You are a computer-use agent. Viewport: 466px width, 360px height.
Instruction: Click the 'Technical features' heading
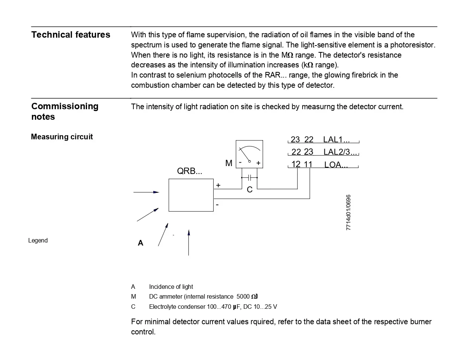point(70,35)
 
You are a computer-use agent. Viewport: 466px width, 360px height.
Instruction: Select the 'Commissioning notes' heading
point(64,111)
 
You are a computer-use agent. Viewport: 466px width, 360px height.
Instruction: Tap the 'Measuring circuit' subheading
point(62,137)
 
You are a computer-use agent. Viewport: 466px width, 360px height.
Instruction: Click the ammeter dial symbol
point(249,154)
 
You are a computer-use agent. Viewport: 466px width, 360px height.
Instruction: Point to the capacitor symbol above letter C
point(249,178)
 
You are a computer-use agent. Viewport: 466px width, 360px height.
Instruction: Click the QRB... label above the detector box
point(189,171)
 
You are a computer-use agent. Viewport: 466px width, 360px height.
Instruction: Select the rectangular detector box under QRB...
point(191,195)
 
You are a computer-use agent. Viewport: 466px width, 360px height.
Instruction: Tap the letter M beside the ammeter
point(229,163)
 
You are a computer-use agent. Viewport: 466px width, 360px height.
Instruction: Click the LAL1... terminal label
point(336,140)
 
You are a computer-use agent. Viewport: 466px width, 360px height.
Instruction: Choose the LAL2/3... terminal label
point(340,152)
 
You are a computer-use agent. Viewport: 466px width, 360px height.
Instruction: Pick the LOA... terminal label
point(336,165)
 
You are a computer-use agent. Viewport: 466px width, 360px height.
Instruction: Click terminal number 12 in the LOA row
point(296,165)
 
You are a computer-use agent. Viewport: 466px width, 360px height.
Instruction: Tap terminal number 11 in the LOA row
point(308,165)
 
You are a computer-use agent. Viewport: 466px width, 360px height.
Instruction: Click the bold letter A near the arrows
point(141,243)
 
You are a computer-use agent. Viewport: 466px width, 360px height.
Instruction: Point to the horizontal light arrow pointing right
point(146,192)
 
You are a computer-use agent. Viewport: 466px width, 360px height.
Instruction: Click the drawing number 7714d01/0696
point(348,212)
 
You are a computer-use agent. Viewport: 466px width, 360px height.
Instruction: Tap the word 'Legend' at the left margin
point(38,241)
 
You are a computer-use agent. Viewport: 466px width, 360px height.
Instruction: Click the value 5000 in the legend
point(243,297)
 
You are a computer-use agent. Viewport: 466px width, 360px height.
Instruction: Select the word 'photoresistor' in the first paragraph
point(413,45)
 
